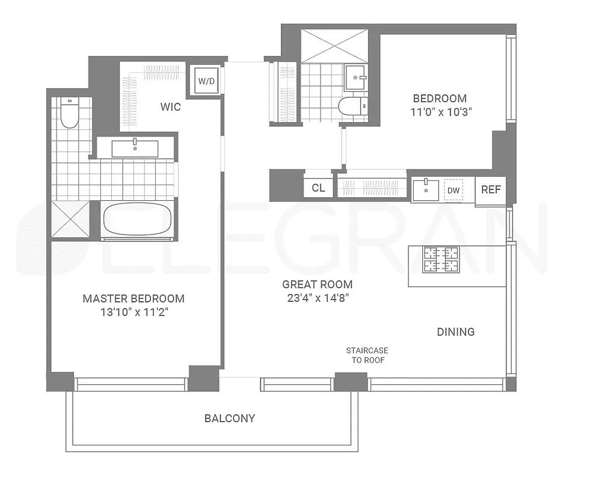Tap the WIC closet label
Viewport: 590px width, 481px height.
pos(170,107)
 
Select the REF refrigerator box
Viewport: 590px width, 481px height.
pos(491,189)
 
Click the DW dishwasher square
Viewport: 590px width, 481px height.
pos(453,191)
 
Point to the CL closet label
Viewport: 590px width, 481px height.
pos(318,188)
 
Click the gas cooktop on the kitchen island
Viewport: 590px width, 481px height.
pos(441,260)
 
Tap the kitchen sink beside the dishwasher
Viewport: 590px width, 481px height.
pos(426,190)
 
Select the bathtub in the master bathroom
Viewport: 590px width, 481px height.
pos(138,220)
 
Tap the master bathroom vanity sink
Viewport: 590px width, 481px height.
pos(135,148)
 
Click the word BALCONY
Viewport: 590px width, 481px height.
pos(229,418)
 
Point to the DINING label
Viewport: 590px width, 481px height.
pos(455,332)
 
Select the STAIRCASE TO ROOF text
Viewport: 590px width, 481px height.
pos(367,355)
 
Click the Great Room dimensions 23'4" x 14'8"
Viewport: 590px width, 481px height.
pos(318,297)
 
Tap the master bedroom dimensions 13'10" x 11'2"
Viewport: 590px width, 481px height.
pos(134,312)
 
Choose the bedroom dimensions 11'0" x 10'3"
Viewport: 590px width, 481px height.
pos(439,111)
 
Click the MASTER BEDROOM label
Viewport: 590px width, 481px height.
pos(134,298)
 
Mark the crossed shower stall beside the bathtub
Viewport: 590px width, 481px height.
pos(70,220)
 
